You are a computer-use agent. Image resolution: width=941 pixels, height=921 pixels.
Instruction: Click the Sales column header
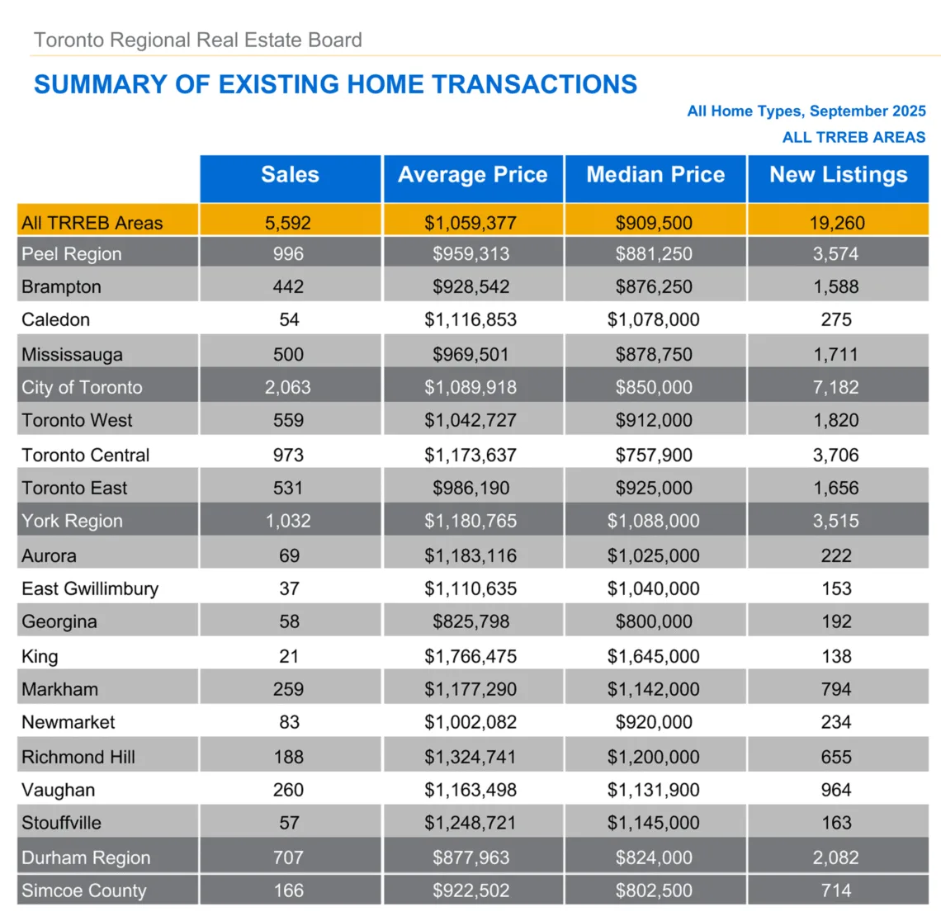pos(290,175)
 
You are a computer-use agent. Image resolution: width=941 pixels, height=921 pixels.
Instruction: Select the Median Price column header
pos(655,175)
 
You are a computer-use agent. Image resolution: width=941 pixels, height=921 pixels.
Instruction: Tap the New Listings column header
pos(838,175)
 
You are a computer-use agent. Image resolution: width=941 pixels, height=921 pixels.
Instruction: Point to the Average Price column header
pos(472,175)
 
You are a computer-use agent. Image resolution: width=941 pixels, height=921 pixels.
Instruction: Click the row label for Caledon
pos(56,320)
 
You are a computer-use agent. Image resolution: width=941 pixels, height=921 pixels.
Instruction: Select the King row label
pos(40,657)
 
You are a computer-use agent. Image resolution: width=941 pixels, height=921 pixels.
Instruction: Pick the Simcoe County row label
pos(84,891)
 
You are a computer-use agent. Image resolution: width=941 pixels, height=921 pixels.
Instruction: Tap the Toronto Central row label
pos(86,456)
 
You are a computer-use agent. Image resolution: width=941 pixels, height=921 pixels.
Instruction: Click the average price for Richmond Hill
pos(470,758)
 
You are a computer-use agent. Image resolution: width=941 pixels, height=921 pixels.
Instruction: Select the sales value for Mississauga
pos(289,355)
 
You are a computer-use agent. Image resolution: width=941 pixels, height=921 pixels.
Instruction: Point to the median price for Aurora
pos(654,556)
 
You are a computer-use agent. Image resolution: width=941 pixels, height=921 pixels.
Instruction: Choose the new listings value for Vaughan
pos(836,791)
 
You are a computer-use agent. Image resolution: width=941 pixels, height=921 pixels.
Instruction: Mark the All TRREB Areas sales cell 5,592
pos(288,223)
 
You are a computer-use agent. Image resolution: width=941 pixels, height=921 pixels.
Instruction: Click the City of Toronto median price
pos(654,388)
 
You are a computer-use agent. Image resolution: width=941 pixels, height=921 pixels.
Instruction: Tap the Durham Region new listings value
pos(836,858)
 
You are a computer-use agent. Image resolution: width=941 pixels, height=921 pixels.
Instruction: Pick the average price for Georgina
pos(470,622)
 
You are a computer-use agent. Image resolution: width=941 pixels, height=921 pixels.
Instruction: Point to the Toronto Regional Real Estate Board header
pos(198,40)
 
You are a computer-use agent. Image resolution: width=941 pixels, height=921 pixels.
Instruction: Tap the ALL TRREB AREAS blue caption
pos(854,138)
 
